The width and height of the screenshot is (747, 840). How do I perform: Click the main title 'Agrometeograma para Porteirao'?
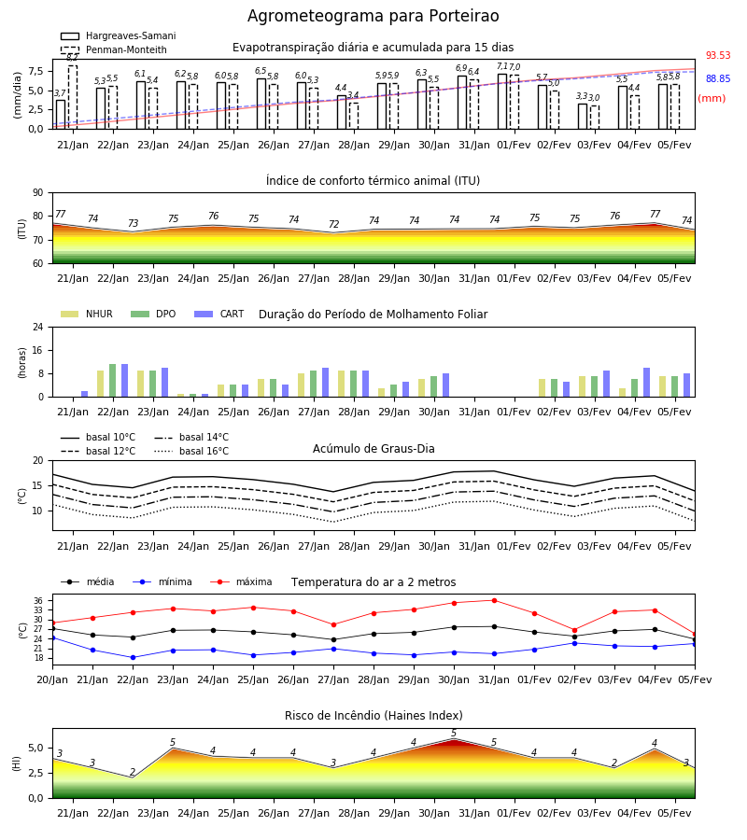click(x=373, y=16)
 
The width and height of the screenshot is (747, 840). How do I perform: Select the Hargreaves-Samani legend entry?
click(x=118, y=35)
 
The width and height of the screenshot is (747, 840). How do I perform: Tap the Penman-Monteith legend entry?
click(x=114, y=49)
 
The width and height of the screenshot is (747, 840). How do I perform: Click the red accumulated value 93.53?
click(x=718, y=55)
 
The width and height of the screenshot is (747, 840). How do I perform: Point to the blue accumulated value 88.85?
click(x=718, y=78)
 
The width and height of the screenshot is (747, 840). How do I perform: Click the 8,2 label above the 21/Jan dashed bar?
click(x=72, y=57)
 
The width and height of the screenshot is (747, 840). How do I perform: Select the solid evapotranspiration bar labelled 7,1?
click(x=502, y=102)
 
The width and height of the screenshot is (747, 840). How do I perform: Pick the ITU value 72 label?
click(x=334, y=224)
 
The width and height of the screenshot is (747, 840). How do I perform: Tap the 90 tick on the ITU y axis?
click(x=38, y=193)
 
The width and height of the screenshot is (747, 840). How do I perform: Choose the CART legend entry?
click(x=219, y=314)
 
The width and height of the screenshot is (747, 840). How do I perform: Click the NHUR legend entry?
click(x=87, y=314)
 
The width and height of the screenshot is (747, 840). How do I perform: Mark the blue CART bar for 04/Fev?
click(x=646, y=383)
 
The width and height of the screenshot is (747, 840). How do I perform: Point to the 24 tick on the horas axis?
click(x=38, y=327)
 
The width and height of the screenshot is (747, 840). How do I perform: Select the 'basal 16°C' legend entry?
click(x=191, y=451)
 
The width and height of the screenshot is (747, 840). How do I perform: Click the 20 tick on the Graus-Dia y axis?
click(x=38, y=460)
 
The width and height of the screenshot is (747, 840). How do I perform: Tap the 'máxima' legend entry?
click(x=242, y=581)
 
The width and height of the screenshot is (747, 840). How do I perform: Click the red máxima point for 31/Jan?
click(x=494, y=600)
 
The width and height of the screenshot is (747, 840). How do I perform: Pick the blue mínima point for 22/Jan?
click(x=133, y=657)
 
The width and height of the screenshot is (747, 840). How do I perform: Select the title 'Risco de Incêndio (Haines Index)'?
click(x=373, y=716)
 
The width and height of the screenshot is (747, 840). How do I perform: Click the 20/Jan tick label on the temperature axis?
click(x=52, y=679)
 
